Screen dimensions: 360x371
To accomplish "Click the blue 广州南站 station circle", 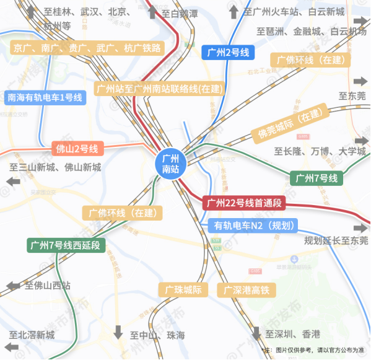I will pyautogui.click(x=170, y=163).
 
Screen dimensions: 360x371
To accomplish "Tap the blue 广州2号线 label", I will pyautogui.click(x=229, y=53).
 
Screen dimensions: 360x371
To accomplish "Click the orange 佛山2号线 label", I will pyautogui.click(x=77, y=149).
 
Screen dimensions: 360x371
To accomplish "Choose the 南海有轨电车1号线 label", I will pyautogui.click(x=44, y=97).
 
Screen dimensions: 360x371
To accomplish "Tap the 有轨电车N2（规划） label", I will pyautogui.click(x=254, y=226).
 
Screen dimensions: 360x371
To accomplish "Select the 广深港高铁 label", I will pyautogui.click(x=247, y=290).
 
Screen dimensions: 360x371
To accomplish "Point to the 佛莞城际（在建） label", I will pyautogui.click(x=290, y=126).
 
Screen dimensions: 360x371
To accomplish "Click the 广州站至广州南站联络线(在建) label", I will pyautogui.click(x=159, y=89).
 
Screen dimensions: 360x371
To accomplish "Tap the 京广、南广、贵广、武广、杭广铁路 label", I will pyautogui.click(x=87, y=48).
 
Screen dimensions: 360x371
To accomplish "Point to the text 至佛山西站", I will pyautogui.click(x=48, y=286).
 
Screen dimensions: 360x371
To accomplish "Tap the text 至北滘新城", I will pyautogui.click(x=32, y=335).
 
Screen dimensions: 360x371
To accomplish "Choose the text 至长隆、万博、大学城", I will pyautogui.click(x=320, y=152).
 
